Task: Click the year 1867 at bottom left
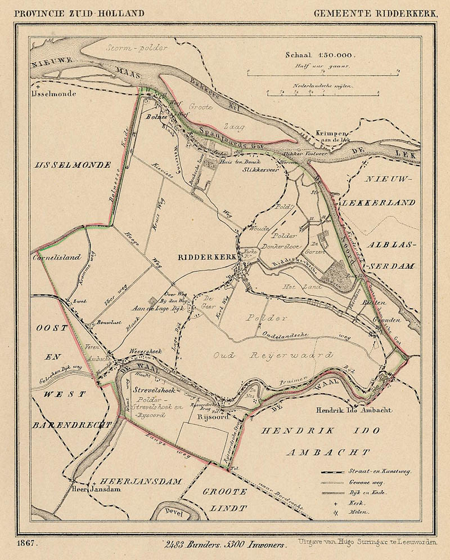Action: pos(28,545)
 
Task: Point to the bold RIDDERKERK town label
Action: pos(204,257)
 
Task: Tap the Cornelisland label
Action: pos(56,257)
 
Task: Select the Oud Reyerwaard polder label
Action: pos(273,355)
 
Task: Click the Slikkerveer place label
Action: pos(260,168)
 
